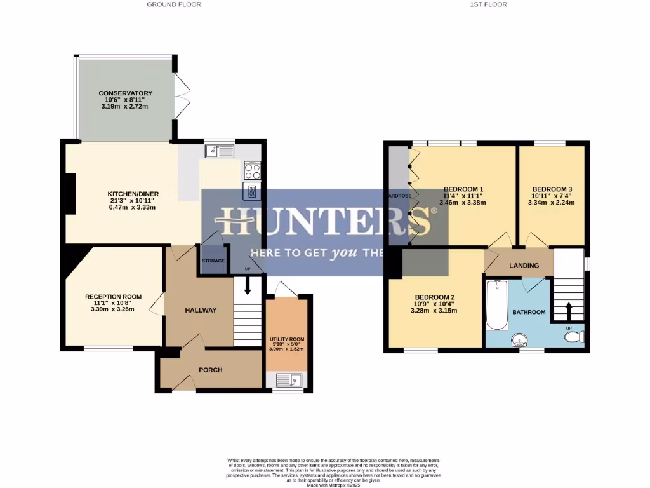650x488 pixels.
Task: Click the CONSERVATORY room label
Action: pyautogui.click(x=125, y=93)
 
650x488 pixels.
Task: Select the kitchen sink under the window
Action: pyautogui.click(x=220, y=151)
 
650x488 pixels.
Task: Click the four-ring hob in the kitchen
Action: pyautogui.click(x=252, y=170)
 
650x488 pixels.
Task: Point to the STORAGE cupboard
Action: pyautogui.click(x=213, y=261)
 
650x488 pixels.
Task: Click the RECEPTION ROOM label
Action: pyautogui.click(x=113, y=297)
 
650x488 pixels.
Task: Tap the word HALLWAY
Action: pyautogui.click(x=201, y=310)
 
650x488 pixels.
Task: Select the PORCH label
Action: pyautogui.click(x=210, y=370)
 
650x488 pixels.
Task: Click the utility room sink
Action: pyautogui.click(x=293, y=381)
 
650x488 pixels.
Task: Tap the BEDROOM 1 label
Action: pyautogui.click(x=463, y=189)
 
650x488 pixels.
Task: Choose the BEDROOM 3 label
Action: pyautogui.click(x=552, y=189)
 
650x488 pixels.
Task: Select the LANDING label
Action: pyautogui.click(x=524, y=266)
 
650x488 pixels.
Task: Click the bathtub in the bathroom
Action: pyautogui.click(x=496, y=306)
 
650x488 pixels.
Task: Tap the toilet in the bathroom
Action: pyautogui.click(x=575, y=337)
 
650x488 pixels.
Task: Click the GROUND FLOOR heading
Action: pyautogui.click(x=174, y=4)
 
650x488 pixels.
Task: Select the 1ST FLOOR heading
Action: pyautogui.click(x=488, y=4)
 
